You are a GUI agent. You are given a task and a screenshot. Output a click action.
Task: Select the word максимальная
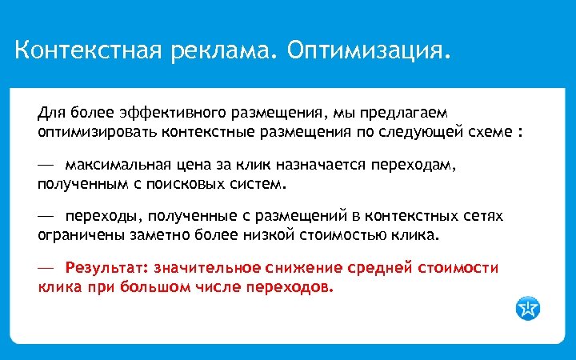coord(118,165)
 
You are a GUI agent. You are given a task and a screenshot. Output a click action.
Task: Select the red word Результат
coord(102,267)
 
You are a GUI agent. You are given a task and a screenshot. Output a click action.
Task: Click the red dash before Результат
coord(45,267)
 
